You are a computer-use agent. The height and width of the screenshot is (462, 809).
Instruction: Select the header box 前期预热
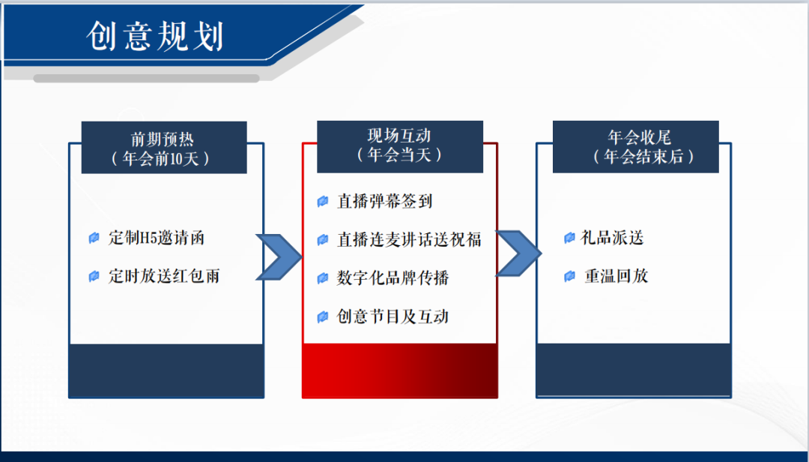[164, 148]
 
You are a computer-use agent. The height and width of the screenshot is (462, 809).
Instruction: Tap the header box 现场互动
[399, 145]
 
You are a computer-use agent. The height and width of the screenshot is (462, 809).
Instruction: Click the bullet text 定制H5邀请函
[156, 238]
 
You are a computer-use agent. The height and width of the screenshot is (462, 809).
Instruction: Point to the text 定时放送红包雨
[163, 276]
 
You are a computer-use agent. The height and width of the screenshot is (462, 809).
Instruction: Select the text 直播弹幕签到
[384, 201]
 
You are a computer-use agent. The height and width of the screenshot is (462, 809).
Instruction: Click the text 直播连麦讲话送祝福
[409, 239]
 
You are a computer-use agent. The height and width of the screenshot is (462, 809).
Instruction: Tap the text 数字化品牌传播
[393, 278]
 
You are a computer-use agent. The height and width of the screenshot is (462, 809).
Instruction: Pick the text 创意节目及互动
[393, 316]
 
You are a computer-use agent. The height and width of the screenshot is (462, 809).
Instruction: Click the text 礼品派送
[613, 238]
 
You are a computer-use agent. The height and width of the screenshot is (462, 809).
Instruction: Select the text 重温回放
[616, 276]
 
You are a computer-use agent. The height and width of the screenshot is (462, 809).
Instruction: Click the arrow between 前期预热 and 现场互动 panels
[278, 257]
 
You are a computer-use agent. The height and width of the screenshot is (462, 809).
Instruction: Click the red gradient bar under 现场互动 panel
[399, 370]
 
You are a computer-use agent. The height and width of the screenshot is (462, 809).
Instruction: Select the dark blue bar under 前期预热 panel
[166, 370]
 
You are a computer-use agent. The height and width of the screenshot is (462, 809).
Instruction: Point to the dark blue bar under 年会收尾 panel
[633, 370]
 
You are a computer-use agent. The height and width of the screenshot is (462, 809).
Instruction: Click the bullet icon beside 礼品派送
[569, 238]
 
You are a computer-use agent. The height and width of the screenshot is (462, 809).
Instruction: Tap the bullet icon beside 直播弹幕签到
[323, 201]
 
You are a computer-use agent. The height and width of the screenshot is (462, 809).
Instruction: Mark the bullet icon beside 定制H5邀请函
[94, 238]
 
